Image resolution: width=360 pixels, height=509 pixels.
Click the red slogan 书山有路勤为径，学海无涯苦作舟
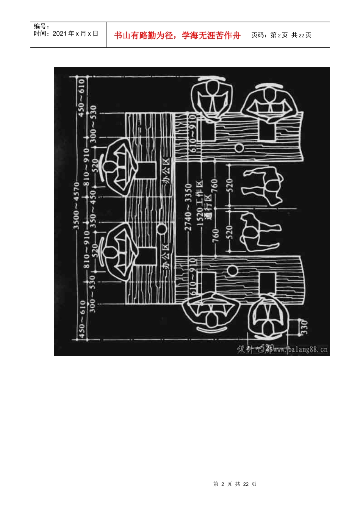point(177,36)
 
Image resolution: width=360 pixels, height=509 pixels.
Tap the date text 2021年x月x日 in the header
point(75,34)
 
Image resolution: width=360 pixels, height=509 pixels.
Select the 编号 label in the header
point(41,26)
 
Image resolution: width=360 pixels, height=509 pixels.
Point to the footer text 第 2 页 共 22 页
point(235,484)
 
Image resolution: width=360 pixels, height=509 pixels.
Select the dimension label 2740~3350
point(188,207)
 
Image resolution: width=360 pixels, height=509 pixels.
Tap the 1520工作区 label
point(200,203)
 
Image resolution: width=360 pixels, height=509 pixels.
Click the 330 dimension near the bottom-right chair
point(304,328)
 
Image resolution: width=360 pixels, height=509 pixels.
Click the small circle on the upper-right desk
point(239,147)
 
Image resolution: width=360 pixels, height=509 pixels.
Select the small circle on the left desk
point(161,229)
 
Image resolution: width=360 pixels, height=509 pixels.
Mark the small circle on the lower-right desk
point(232,271)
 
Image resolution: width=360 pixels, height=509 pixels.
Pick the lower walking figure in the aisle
point(260,231)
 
